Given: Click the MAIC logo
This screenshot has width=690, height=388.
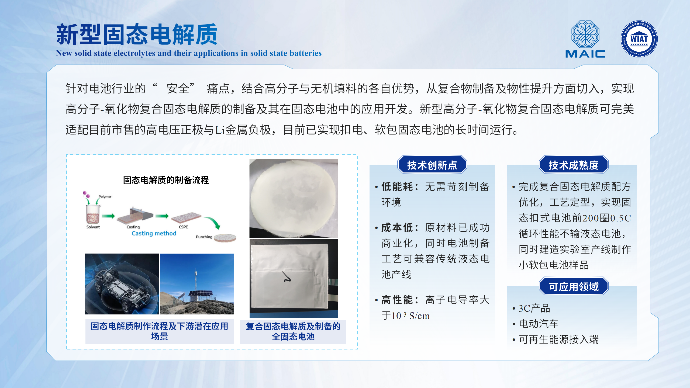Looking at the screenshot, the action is [x=585, y=39].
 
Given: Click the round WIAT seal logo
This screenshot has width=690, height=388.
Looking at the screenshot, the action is [x=639, y=39].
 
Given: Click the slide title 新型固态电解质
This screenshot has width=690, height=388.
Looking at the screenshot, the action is [x=137, y=34].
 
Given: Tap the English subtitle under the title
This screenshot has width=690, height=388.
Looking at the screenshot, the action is [x=189, y=53].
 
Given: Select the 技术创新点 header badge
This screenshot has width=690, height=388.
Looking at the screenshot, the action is [x=432, y=165].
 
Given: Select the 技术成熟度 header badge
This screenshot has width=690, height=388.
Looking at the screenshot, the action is [x=574, y=165].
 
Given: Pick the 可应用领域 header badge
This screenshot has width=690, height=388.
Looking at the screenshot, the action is [x=574, y=286].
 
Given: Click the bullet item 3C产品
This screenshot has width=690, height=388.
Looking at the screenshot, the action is [x=534, y=308].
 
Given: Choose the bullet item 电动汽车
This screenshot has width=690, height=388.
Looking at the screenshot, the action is [x=539, y=324].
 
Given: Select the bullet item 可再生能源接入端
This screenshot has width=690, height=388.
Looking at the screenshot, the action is [x=559, y=339].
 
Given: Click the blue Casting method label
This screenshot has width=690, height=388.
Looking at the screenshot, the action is [x=154, y=233].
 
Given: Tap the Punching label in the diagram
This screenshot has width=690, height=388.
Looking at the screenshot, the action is [x=204, y=237].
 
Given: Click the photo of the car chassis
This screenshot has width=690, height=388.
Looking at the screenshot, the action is [x=122, y=284].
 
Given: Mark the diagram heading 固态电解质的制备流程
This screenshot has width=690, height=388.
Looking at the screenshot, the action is [x=166, y=180].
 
